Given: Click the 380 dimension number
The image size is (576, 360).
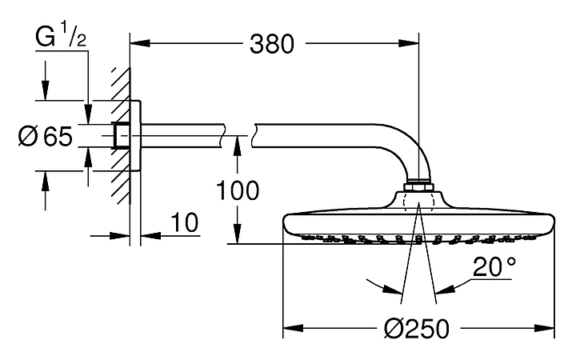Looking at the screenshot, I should coord(274,46).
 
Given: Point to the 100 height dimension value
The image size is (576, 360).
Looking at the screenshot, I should coord(237,190).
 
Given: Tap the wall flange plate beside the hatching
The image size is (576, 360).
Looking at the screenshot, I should coord(136,136).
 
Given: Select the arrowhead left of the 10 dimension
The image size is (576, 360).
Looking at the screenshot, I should coord(123,235).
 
